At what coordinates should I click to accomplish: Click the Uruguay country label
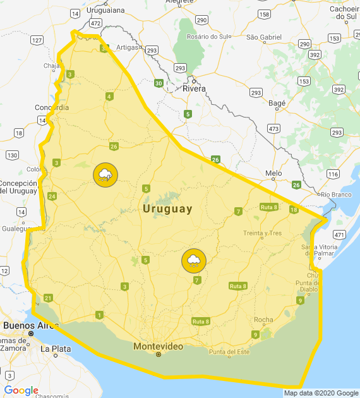(167, 209)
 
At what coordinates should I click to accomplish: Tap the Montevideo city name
(158, 346)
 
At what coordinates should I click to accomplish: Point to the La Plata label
(53, 348)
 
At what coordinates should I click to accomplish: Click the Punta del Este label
(229, 351)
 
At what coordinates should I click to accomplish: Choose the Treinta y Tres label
(262, 233)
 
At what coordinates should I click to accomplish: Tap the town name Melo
(273, 172)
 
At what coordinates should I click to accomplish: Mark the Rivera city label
(195, 88)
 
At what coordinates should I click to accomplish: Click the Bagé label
(277, 102)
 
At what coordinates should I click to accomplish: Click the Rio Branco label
(336, 195)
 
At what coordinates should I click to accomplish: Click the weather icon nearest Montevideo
(194, 260)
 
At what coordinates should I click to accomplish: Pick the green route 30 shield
(158, 83)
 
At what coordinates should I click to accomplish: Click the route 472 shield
(95, 23)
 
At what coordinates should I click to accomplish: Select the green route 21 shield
(48, 298)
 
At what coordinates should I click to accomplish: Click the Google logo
(21, 390)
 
